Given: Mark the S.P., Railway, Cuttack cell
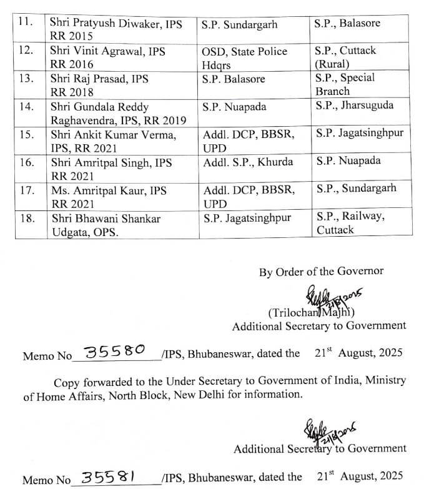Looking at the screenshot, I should pos(350,223).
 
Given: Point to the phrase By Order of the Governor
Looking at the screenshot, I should pos(321,272).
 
